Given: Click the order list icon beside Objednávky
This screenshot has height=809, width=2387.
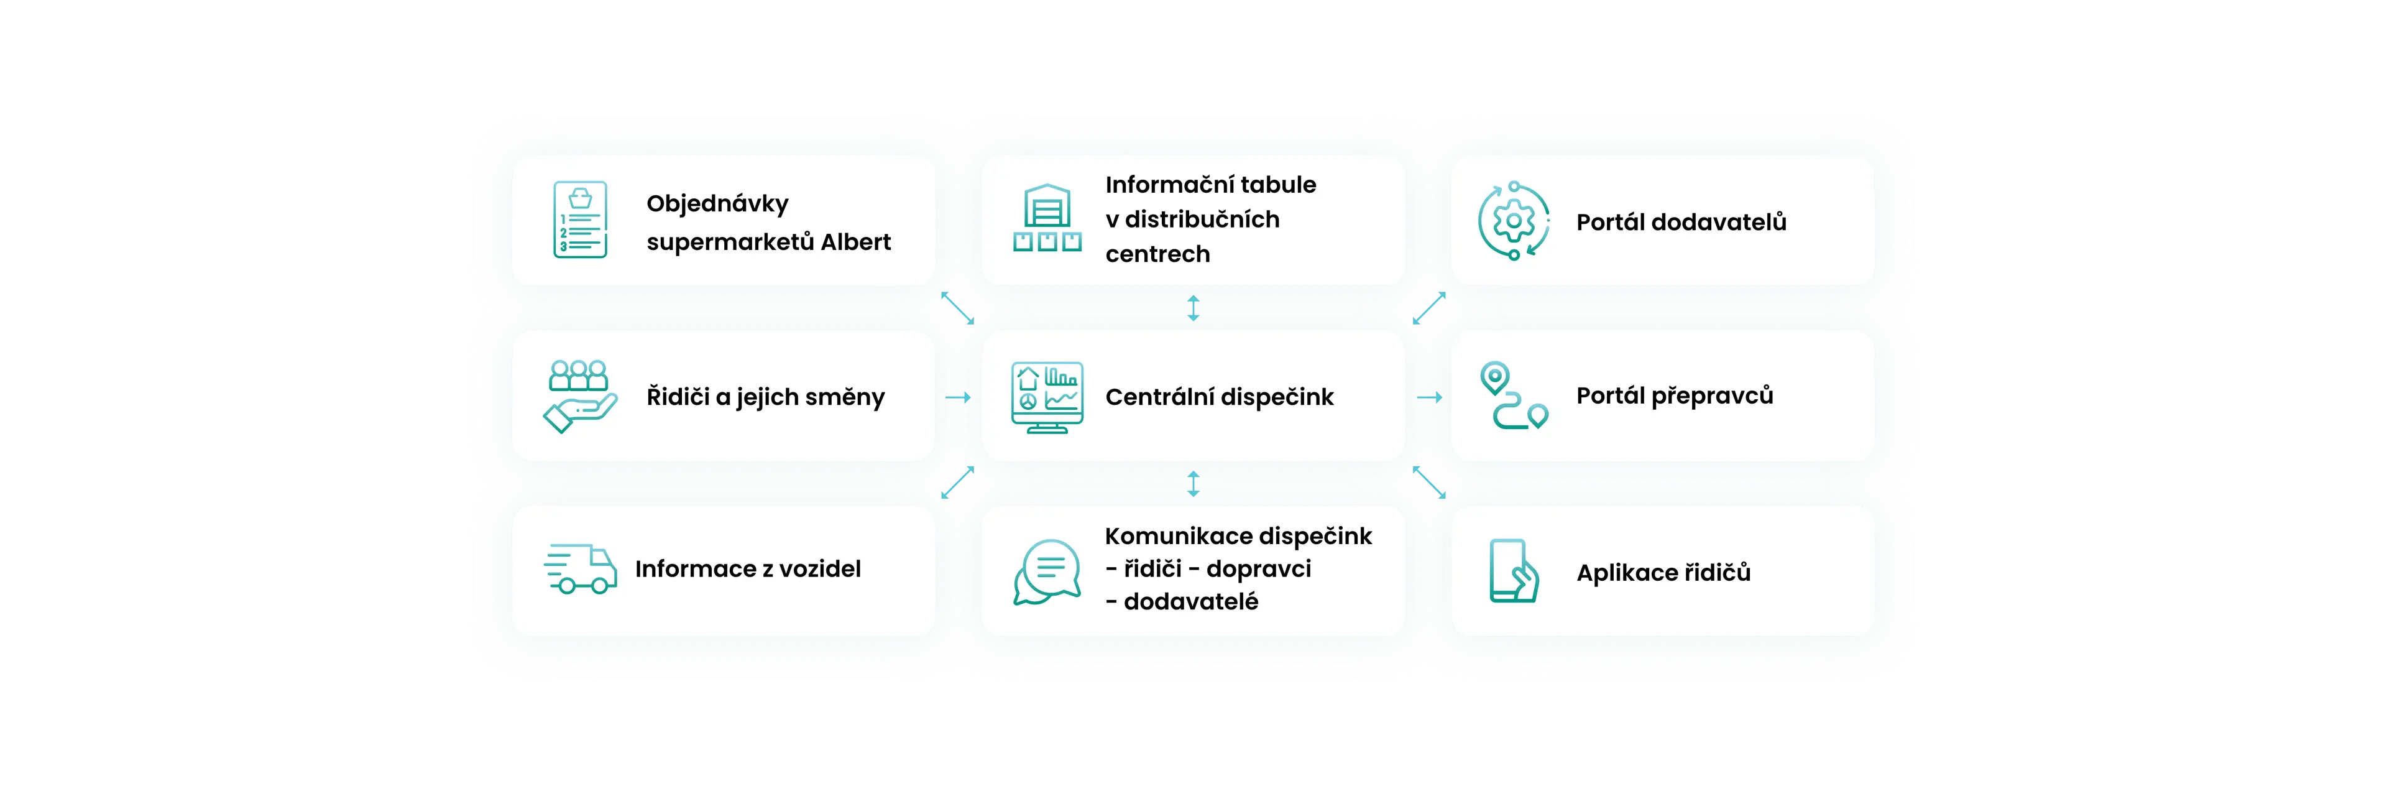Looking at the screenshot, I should (580, 220).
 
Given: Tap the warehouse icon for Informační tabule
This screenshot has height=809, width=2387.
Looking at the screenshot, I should (1047, 219).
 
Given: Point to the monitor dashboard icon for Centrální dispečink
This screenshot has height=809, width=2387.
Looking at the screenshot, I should (1047, 397).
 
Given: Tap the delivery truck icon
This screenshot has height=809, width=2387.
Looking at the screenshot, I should (580, 569).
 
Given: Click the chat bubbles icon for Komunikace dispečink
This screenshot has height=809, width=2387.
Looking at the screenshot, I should (1047, 571).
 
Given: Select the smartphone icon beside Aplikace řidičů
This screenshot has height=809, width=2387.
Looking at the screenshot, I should (1513, 571).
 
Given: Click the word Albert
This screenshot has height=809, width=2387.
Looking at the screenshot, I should (855, 242).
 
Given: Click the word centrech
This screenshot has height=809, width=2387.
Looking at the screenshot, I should (1157, 254).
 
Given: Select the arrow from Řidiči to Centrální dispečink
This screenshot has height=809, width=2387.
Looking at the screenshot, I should (958, 397).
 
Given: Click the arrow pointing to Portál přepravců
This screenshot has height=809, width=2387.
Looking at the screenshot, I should (1430, 397).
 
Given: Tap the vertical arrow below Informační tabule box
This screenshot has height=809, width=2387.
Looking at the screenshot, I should (1193, 308).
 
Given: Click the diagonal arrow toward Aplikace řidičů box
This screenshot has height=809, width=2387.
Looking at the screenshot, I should (1429, 483).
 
